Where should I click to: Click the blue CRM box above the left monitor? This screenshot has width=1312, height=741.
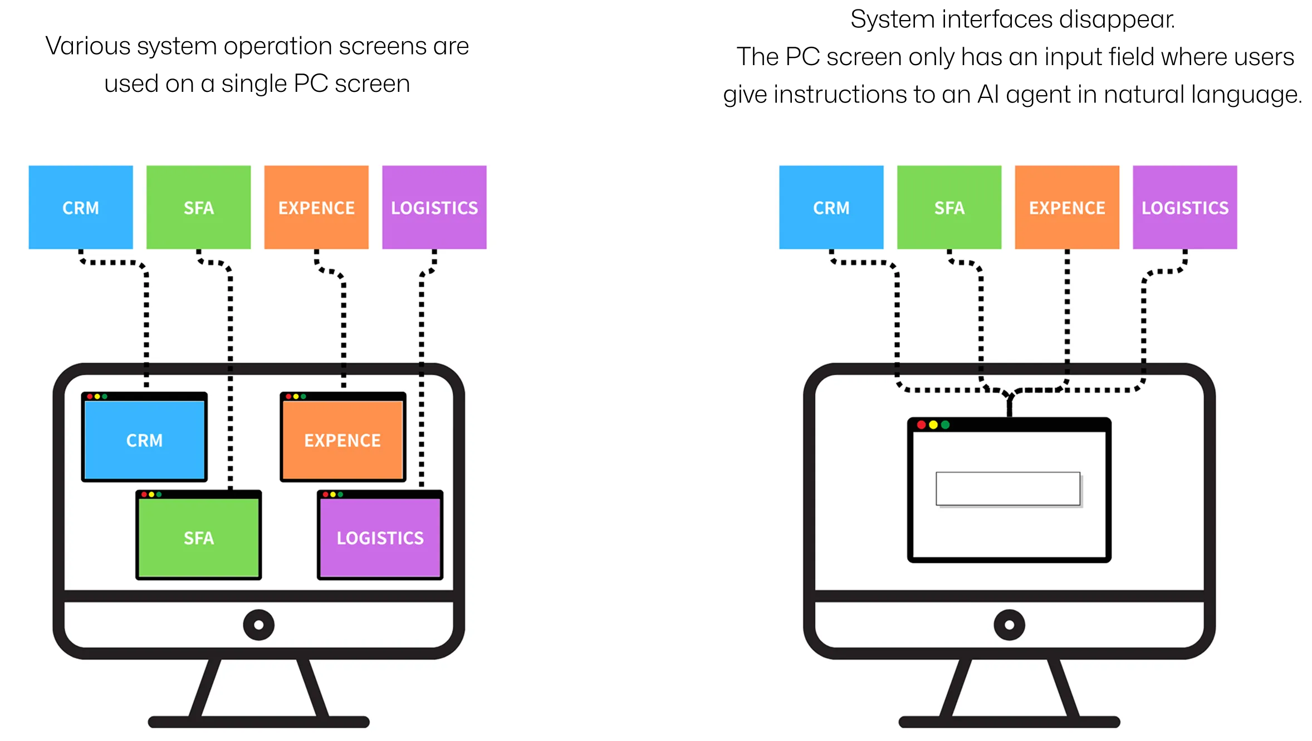pyautogui.click(x=81, y=207)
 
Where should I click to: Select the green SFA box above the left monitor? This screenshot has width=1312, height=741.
pyautogui.click(x=198, y=207)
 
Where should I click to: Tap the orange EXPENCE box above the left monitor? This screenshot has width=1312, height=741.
pyautogui.click(x=316, y=207)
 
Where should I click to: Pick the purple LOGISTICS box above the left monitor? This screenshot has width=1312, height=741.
pyautogui.click(x=434, y=207)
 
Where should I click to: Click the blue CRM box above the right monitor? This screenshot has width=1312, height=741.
pyautogui.click(x=831, y=207)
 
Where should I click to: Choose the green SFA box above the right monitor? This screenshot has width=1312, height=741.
pyautogui.click(x=949, y=207)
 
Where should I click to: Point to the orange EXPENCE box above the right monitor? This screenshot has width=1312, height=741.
pyautogui.click(x=1067, y=207)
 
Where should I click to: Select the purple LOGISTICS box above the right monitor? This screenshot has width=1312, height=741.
pyautogui.click(x=1185, y=207)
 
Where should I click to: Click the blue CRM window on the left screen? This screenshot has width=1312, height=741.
pyautogui.click(x=144, y=440)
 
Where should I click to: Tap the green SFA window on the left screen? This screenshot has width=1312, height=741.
pyautogui.click(x=198, y=538)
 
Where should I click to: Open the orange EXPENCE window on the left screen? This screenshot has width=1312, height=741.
pyautogui.click(x=342, y=440)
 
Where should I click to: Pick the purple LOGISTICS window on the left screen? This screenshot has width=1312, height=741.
pyautogui.click(x=380, y=538)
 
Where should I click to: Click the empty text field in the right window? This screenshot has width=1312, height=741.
pyautogui.click(x=1008, y=489)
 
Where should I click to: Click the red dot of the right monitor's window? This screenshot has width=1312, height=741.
pyautogui.click(x=921, y=425)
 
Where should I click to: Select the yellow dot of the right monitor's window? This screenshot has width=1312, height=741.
pyautogui.click(x=933, y=425)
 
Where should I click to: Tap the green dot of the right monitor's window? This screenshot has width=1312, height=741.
pyautogui.click(x=945, y=425)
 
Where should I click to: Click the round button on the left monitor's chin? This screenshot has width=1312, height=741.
pyautogui.click(x=258, y=625)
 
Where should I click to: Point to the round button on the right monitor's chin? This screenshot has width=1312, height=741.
pyautogui.click(x=1009, y=625)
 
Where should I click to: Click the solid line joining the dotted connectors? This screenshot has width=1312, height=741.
pyautogui.click(x=1009, y=406)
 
